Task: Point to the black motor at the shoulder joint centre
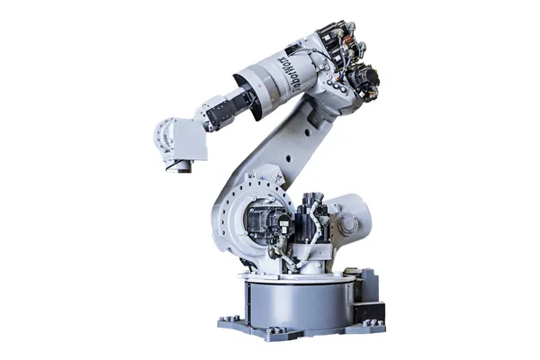tap(266, 221)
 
